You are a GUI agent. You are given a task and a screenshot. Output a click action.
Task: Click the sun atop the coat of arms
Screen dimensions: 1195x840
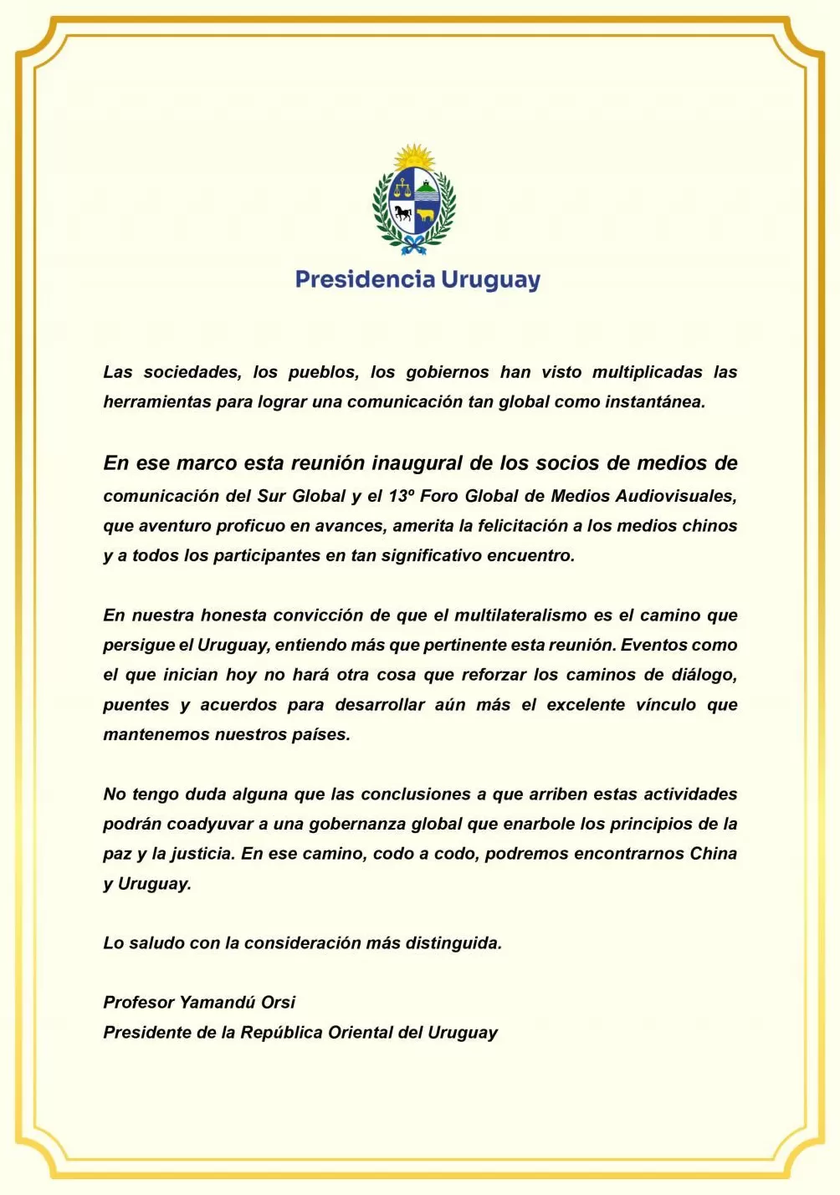[414, 156]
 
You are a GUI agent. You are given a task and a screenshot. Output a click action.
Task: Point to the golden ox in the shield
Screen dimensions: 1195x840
[427, 215]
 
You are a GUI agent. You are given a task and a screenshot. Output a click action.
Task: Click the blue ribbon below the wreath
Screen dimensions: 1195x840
[413, 245]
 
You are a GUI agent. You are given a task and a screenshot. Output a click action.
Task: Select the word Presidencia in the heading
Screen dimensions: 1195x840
[365, 279]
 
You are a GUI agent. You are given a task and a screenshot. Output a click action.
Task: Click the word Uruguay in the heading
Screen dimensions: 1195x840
[490, 280]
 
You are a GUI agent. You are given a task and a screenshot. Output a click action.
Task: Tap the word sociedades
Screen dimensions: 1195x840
[192, 372]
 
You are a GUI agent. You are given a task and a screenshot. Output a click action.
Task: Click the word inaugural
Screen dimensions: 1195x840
[417, 463]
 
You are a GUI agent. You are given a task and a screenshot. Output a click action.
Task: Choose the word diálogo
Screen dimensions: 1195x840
[704, 675]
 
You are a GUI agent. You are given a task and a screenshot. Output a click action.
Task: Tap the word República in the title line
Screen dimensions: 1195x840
[281, 1033]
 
